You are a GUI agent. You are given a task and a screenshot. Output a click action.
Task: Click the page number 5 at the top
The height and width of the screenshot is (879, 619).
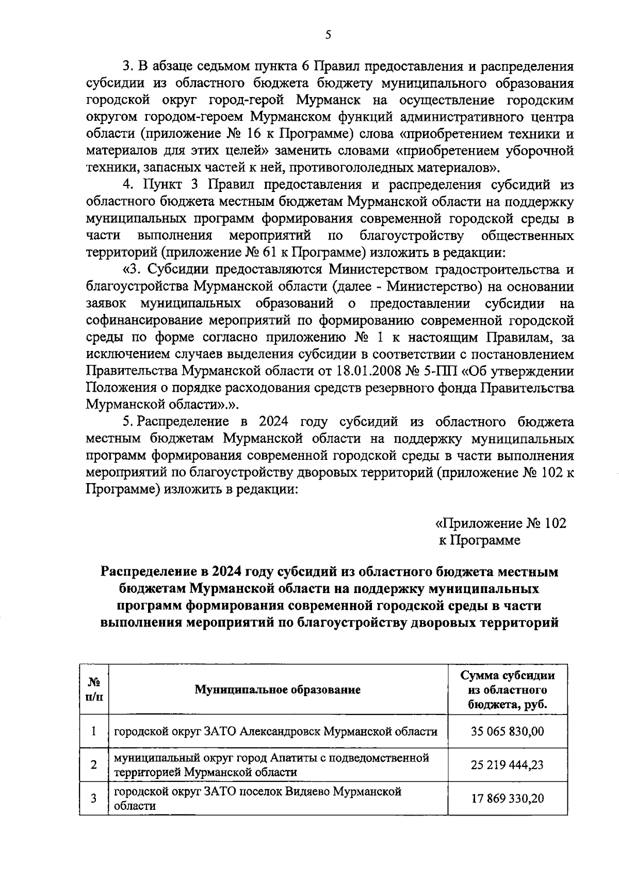(328, 35)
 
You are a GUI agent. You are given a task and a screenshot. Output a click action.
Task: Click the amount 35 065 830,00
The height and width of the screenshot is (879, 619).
(507, 731)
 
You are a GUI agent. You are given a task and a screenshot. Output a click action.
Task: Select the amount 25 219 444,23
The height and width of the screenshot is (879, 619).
(507, 764)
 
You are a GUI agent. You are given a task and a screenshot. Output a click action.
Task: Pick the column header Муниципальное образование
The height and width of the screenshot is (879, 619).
(278, 690)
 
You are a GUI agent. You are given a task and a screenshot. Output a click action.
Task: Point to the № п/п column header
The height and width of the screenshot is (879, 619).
(94, 690)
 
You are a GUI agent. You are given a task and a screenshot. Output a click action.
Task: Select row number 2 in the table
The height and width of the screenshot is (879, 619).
(94, 764)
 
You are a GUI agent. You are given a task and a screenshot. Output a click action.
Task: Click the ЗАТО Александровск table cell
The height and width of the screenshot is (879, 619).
(275, 731)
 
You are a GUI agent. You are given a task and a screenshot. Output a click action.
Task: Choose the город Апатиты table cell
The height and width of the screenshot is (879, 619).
(271, 764)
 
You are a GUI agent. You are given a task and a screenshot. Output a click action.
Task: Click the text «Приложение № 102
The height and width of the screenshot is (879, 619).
(501, 523)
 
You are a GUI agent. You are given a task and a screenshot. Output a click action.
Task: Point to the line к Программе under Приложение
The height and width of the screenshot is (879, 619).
(479, 540)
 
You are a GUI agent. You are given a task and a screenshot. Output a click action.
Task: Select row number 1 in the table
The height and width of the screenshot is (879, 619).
(94, 731)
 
